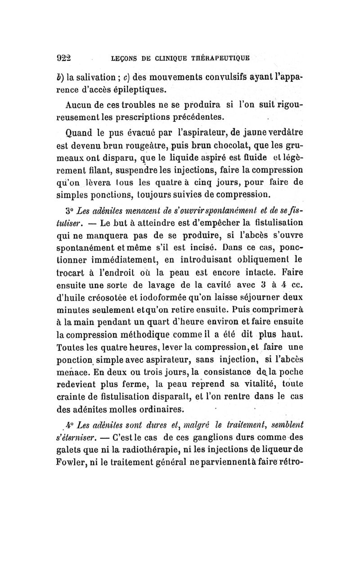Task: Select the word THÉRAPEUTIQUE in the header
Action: click(223, 58)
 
